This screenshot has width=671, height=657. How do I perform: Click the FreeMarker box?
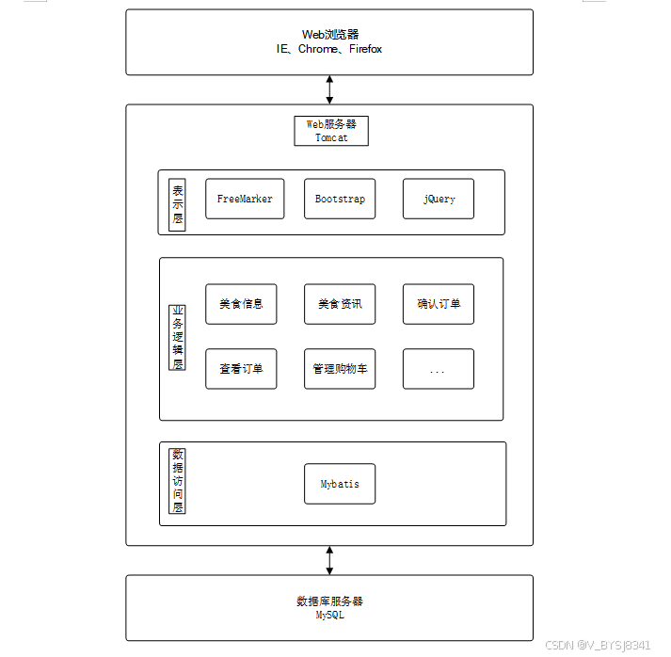pos(245,199)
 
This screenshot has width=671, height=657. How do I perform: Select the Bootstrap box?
pos(340,199)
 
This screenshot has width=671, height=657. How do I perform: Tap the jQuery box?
pos(439,199)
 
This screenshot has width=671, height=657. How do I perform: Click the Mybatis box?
pos(340,484)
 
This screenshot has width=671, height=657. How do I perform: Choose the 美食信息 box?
pos(241,304)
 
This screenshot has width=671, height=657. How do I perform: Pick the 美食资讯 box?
pos(340,304)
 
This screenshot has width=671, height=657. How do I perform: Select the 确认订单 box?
pos(439,304)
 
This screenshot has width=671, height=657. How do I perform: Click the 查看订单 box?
pos(241,369)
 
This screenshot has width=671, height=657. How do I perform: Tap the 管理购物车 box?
pos(340,369)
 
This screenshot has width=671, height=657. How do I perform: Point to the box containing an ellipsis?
pos(439,369)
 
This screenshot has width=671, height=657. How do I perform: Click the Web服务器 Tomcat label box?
pos(331,130)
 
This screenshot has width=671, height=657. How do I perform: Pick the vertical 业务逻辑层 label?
pos(177,337)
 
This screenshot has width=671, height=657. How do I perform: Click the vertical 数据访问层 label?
pos(177,480)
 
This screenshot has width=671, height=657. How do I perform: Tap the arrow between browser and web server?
pos(329,89)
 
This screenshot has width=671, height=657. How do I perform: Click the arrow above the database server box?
pos(329,560)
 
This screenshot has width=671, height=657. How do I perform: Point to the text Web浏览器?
pos(329,35)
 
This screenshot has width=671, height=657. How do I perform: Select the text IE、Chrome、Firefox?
pos(329,49)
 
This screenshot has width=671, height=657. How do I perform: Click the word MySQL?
pos(329,616)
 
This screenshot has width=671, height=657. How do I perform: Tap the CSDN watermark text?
pos(598,645)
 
